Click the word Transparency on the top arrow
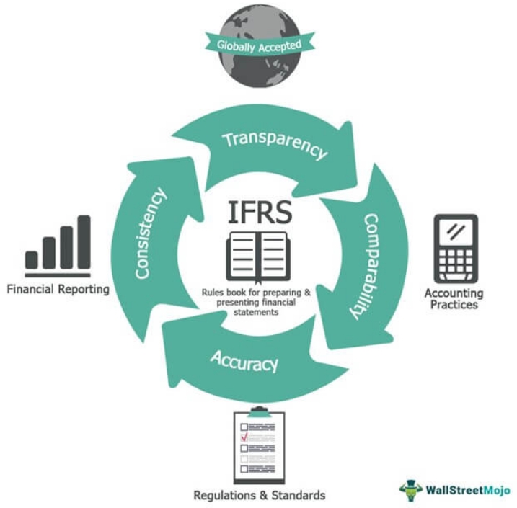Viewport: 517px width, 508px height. tap(275, 144)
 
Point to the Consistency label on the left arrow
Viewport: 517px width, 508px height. tap(151, 233)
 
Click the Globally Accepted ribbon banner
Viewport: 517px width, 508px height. tap(260, 45)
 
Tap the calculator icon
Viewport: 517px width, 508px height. tap(455, 249)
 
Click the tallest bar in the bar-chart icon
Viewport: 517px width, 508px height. tap(84, 242)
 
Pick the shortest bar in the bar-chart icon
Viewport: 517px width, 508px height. tap(32, 259)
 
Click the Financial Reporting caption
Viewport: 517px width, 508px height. tap(58, 290)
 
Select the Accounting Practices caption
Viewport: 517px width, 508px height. tap(454, 299)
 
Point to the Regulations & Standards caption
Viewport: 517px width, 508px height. tap(259, 495)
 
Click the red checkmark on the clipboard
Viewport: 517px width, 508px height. tap(244, 437)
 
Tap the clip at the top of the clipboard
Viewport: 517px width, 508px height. tap(258, 411)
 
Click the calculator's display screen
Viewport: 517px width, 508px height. tap(455, 231)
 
